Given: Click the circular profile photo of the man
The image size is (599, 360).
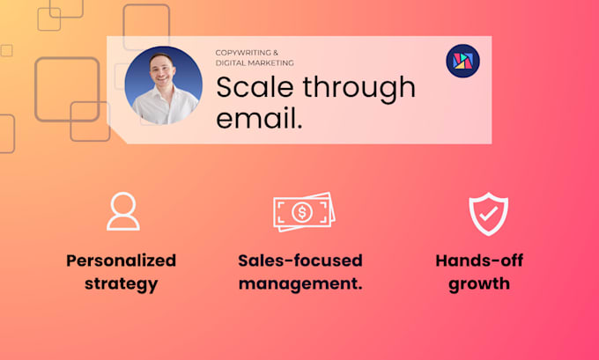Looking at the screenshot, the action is point(164,85).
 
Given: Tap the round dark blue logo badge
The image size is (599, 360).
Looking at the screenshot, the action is point(462,61).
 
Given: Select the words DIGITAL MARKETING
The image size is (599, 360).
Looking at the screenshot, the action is point(255,63).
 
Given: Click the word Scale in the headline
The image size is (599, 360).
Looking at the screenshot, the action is point(255,86).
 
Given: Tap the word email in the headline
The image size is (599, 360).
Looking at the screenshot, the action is point(256,118).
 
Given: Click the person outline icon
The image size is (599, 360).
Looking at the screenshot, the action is point(123,211).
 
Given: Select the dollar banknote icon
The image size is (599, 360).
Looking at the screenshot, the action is point(304,212).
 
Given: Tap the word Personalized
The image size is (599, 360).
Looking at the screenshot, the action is point(121,261).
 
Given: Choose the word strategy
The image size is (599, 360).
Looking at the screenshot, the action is point(121,284).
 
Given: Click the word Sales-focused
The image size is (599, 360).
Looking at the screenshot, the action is point(300,261).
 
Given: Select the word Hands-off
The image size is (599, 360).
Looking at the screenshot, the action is point(479,261).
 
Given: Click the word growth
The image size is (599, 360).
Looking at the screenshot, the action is point(479,284).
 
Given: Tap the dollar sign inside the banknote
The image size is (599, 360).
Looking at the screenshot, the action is point(302,212).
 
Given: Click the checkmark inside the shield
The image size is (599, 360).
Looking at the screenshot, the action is point(489,214).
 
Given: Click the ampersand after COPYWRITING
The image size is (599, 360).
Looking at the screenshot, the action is point(276,53).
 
